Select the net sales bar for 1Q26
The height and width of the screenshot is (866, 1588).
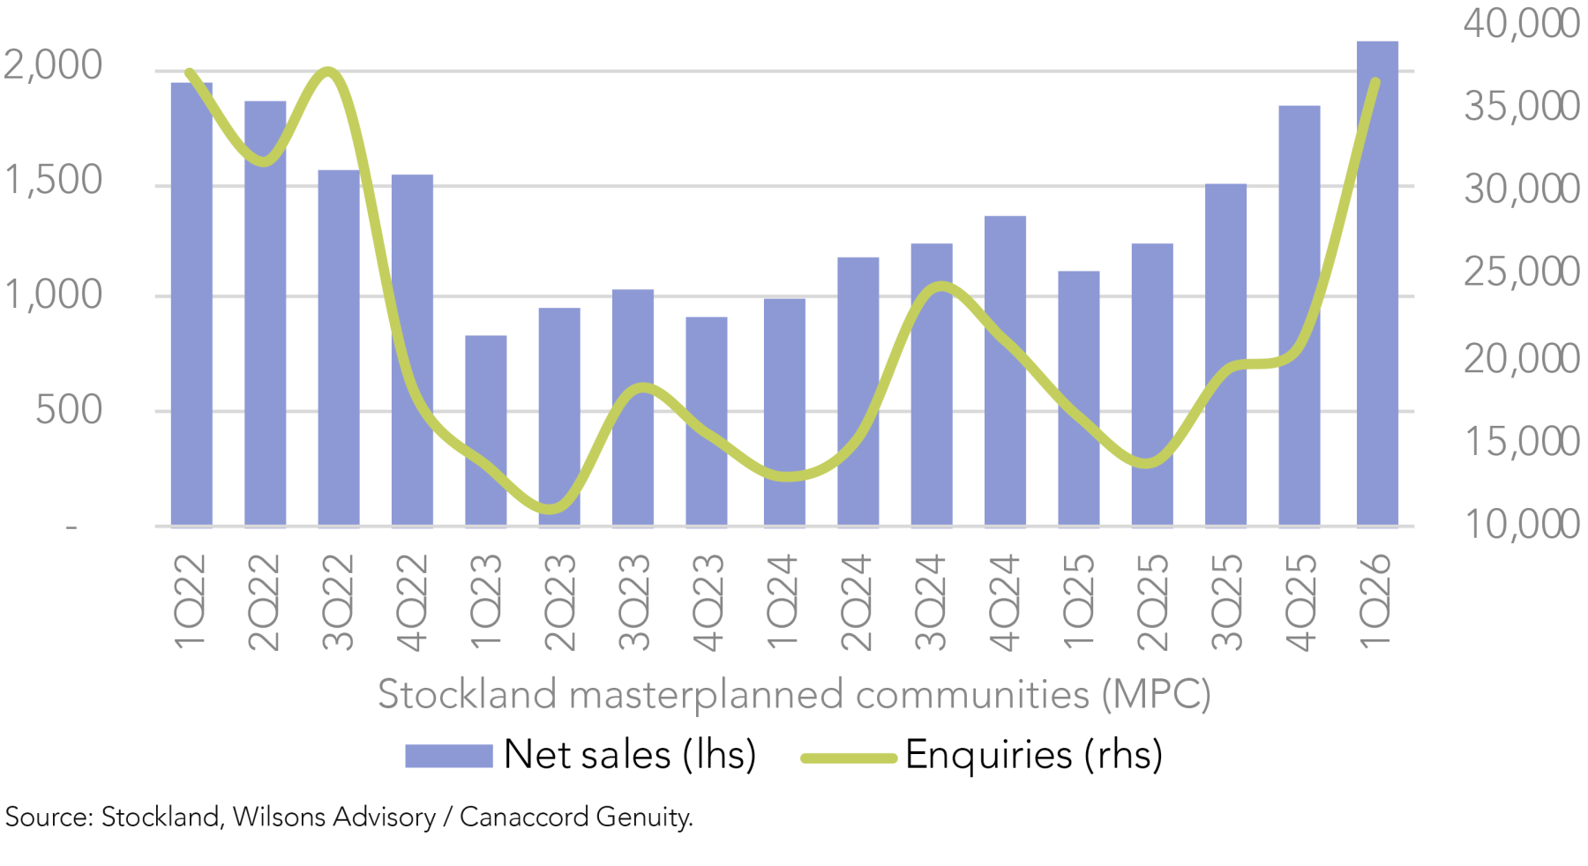coord(1376,282)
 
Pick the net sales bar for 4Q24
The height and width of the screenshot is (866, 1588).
coord(1005,370)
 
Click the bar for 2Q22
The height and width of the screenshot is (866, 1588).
coord(265,313)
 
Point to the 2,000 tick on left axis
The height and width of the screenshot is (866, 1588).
coord(53,66)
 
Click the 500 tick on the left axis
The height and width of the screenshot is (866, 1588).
coord(69,411)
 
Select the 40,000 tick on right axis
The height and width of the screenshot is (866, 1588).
coord(1521,24)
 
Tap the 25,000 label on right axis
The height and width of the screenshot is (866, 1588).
coord(1521,272)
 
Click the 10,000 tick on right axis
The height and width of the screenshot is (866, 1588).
coord(1521,525)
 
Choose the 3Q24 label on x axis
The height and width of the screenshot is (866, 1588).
coord(931,602)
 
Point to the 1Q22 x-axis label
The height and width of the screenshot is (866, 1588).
coord(191,602)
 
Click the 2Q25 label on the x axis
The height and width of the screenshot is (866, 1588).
coord(1152,602)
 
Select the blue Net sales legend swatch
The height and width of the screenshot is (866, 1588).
coord(448,756)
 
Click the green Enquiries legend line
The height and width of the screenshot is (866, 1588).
coord(849,757)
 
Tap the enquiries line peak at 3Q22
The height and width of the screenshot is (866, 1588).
coord(327,71)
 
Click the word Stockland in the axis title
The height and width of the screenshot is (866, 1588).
coord(468,695)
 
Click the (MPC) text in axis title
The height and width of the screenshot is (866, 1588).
coord(1156,695)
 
